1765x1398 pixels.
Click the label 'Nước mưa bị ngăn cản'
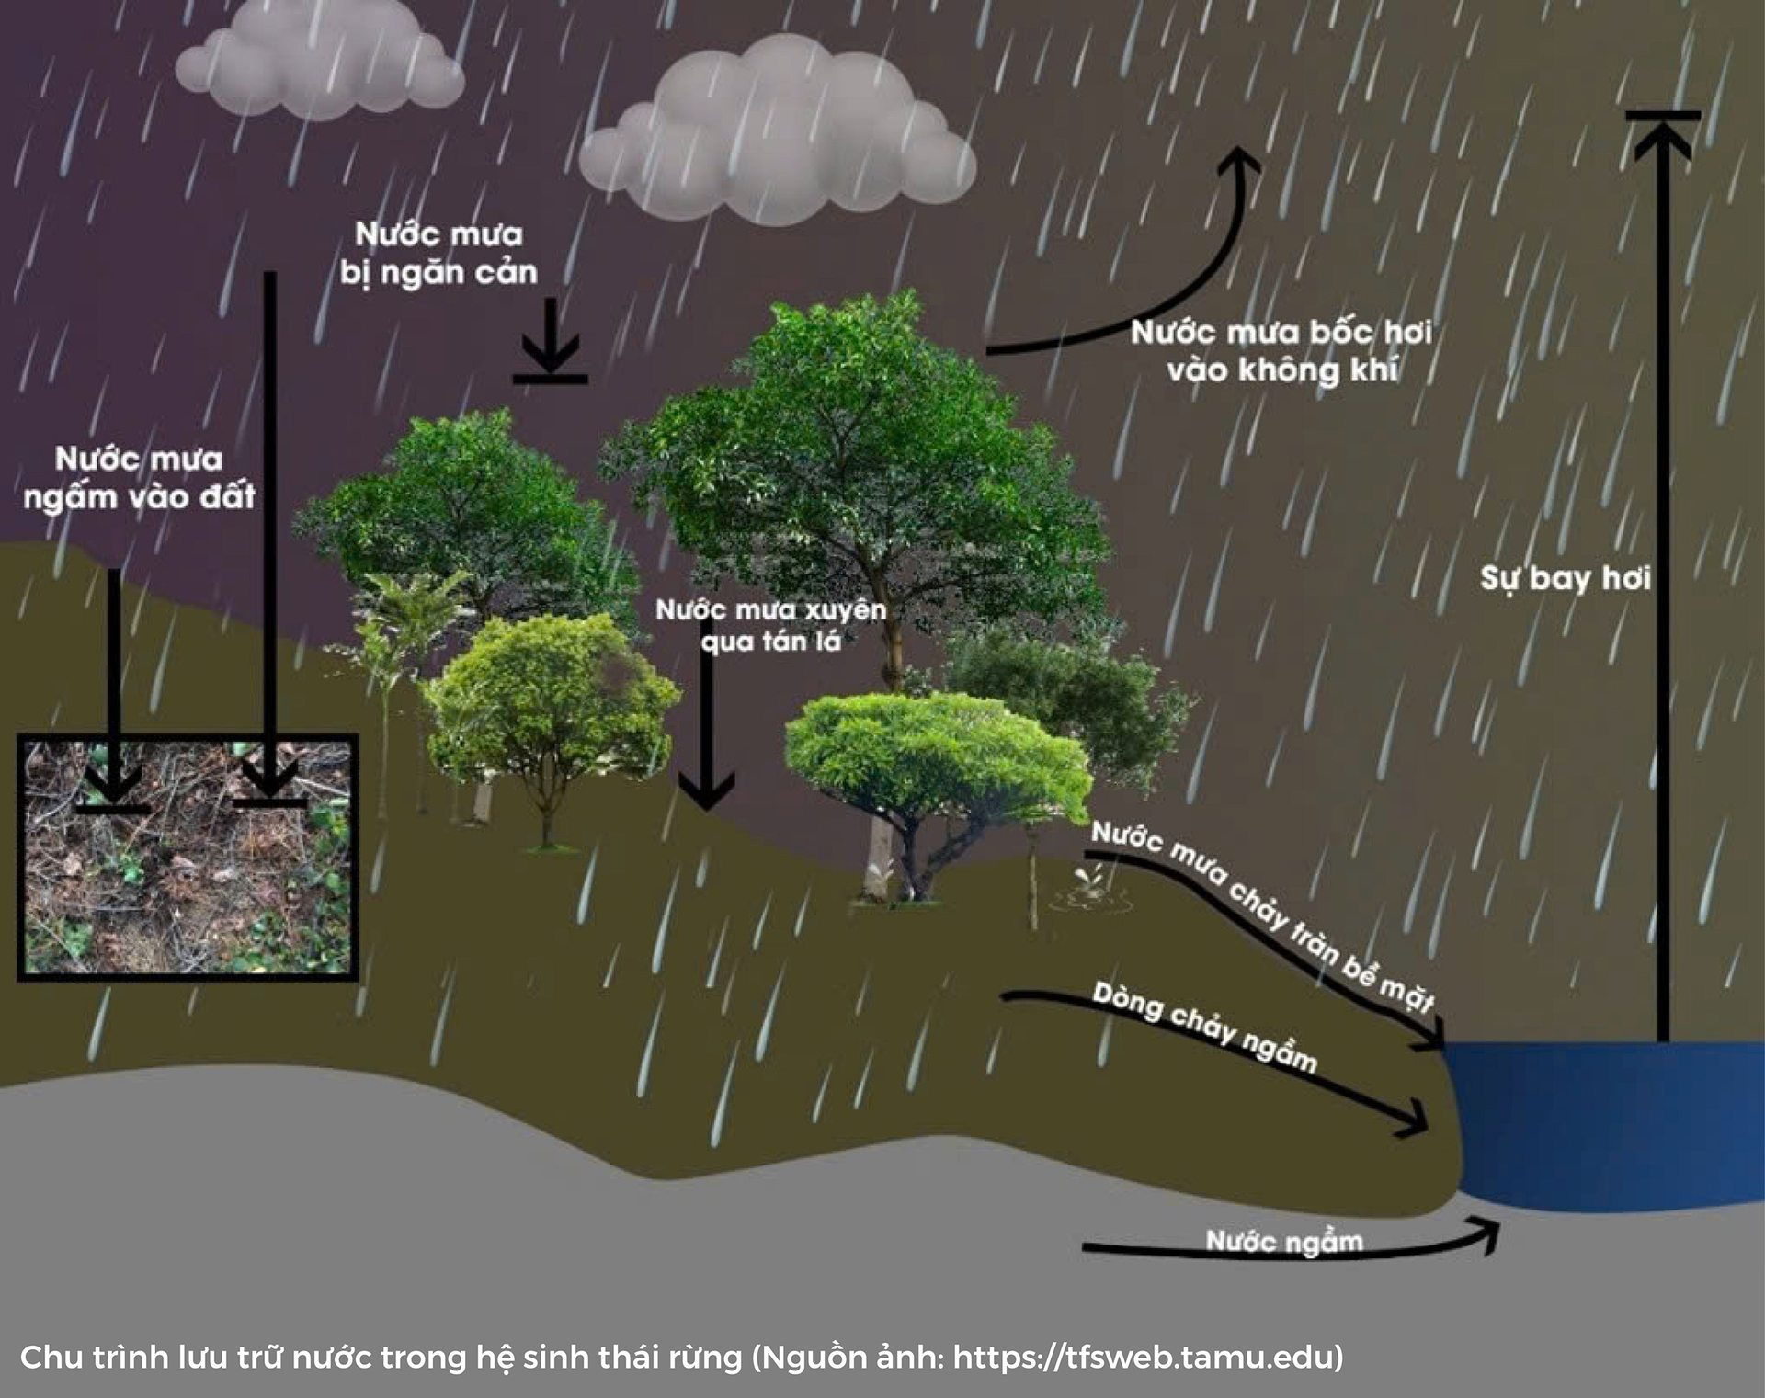coord(438,254)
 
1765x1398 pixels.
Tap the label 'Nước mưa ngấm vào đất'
coord(139,478)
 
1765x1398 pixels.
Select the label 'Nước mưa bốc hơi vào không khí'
coord(1281,351)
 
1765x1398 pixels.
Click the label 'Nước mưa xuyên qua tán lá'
coord(771,626)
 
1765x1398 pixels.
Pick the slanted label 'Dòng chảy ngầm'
coord(1205,1027)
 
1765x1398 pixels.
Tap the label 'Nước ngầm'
coord(1284,1242)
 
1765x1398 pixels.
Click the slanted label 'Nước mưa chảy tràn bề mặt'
coord(1262,916)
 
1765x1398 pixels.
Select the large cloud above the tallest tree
coord(778,131)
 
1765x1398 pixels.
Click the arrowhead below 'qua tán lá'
coord(706,790)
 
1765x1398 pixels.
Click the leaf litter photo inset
coord(188,858)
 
